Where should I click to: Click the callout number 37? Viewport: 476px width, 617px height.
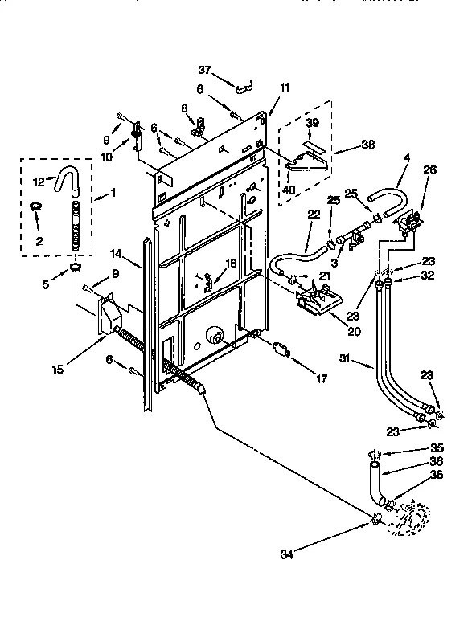(205, 69)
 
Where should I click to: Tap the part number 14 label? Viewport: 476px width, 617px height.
(116, 253)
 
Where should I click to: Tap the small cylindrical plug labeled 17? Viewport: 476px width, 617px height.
(280, 349)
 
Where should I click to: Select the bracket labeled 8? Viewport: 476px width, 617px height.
(197, 123)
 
